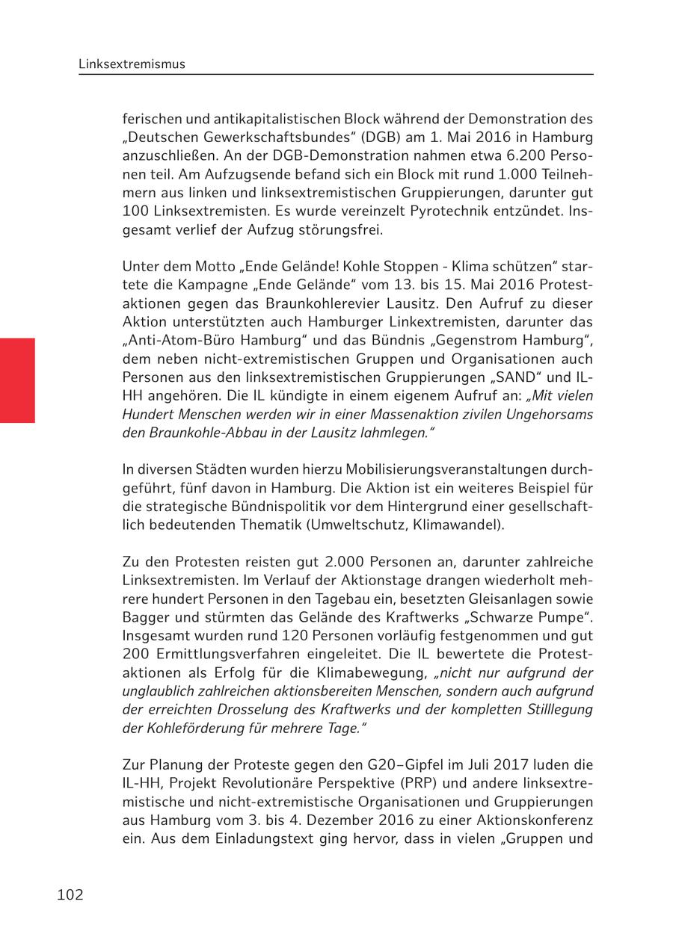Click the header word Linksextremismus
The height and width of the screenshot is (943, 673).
click(x=132, y=64)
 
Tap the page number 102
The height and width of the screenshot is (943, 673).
click(x=70, y=894)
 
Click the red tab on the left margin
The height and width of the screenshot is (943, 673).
click(x=17, y=380)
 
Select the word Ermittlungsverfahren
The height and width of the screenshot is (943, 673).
click(x=227, y=653)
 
